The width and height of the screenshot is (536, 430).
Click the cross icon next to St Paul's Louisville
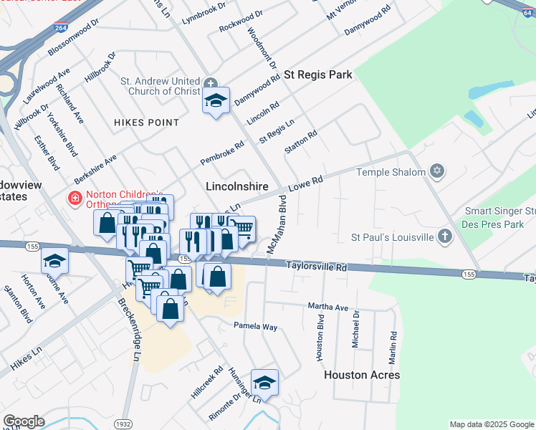[x=445, y=236]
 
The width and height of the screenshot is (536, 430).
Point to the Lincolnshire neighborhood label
[x=236, y=186]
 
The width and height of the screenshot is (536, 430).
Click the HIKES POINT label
[x=146, y=123]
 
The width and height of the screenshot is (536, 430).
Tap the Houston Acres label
[x=362, y=375]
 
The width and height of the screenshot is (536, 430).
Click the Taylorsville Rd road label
[x=317, y=266]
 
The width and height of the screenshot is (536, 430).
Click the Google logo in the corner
[x=24, y=421]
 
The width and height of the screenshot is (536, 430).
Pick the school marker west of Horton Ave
[x=54, y=261]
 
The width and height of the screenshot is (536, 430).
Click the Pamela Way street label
[x=255, y=326]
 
